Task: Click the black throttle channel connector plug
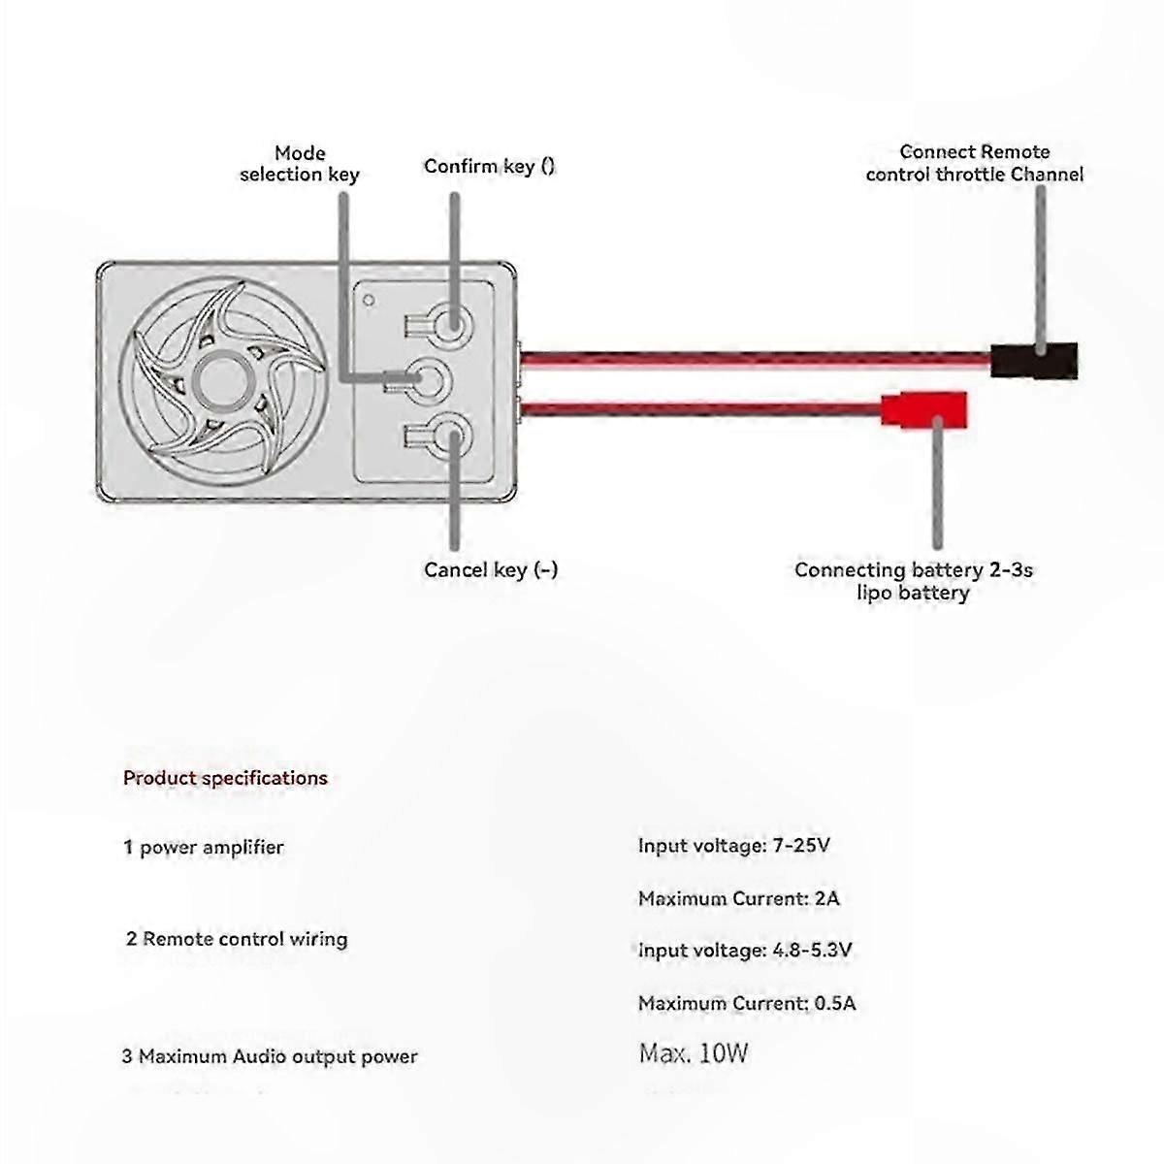(1033, 361)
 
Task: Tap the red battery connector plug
(924, 410)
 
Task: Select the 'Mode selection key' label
(300, 164)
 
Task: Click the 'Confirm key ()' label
(489, 166)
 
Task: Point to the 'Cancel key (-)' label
(491, 569)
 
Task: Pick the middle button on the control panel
(429, 380)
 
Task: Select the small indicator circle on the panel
(369, 300)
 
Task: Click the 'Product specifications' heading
(225, 778)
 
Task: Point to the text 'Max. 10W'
(694, 1053)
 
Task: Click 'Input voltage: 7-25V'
(734, 845)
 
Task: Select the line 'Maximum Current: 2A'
(739, 898)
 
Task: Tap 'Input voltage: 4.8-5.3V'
(745, 951)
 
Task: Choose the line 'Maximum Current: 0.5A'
(747, 1003)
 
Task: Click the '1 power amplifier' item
(204, 848)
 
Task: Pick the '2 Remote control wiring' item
(237, 939)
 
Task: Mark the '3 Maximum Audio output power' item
(270, 1056)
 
